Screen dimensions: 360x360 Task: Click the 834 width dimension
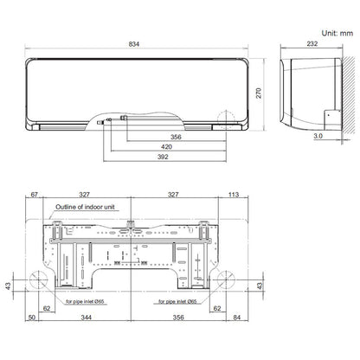coord(134,44)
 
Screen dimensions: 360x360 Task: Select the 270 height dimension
coord(259,93)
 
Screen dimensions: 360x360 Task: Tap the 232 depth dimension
coord(312,43)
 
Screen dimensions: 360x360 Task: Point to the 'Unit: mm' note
coord(337,33)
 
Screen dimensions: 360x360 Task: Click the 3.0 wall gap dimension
coord(318,136)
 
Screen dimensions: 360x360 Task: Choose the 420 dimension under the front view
coord(166,147)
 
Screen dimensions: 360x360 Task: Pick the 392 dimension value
coord(163,157)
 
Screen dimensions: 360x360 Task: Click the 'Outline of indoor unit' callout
coord(85,207)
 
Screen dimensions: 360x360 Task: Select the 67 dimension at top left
coord(34,195)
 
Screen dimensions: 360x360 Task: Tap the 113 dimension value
coord(234,195)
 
